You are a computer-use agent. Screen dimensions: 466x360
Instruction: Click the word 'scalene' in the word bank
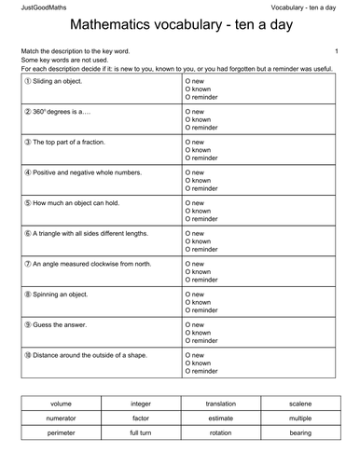(x=300, y=404)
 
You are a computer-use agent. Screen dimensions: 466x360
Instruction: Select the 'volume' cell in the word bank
(x=61, y=404)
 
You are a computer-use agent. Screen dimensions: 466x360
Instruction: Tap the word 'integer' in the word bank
(x=141, y=404)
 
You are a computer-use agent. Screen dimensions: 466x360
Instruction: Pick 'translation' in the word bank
(x=221, y=404)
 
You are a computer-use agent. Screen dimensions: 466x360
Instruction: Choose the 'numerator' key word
(x=61, y=418)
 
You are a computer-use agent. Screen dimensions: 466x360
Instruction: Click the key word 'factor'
(x=141, y=418)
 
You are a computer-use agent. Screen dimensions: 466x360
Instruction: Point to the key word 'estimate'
(x=221, y=418)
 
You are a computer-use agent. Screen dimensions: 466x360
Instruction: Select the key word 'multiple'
(x=300, y=418)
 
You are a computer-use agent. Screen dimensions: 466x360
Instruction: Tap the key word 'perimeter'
(x=61, y=433)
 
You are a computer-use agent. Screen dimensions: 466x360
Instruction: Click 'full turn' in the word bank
(x=141, y=433)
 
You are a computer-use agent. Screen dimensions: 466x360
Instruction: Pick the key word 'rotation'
(x=221, y=433)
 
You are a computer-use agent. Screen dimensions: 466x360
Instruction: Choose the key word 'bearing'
(x=300, y=433)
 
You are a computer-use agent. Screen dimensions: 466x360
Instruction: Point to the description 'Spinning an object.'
(x=61, y=294)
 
